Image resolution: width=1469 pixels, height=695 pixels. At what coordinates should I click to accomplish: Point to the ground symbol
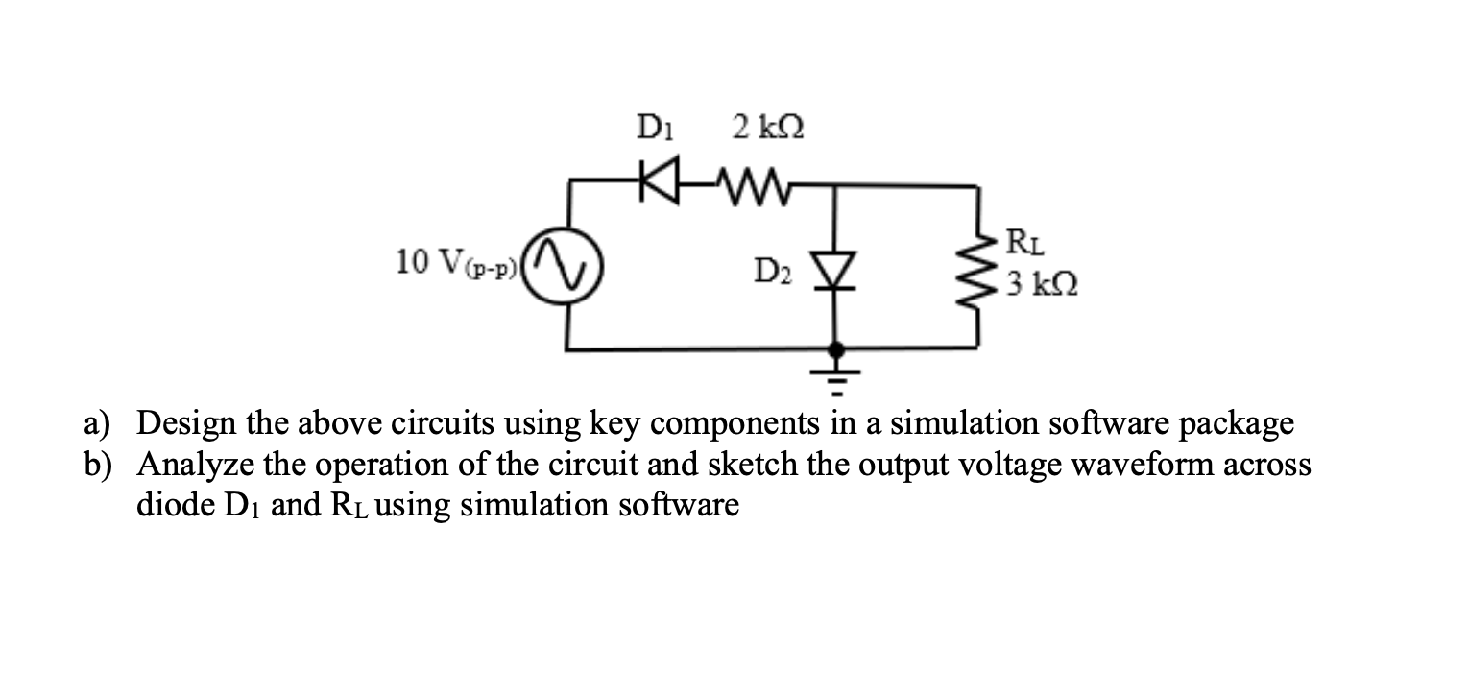point(836,377)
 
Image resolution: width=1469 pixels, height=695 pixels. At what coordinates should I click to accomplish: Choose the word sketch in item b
point(758,464)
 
